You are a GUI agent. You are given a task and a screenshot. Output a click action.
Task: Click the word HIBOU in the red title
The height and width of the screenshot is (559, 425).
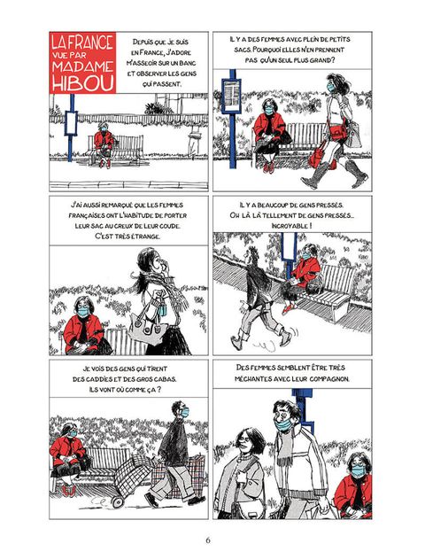83,82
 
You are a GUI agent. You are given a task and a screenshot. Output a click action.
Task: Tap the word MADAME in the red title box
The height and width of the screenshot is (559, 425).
82,66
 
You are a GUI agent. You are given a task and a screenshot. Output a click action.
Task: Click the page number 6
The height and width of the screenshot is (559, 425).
208,540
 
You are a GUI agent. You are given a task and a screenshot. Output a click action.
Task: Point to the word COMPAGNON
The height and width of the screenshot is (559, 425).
328,378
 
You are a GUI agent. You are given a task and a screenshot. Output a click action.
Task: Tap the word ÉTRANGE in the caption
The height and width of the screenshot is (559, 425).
145,237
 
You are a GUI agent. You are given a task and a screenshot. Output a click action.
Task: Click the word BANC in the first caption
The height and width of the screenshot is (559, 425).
188,63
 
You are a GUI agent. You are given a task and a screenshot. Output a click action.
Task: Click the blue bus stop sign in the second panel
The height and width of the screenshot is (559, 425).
231,95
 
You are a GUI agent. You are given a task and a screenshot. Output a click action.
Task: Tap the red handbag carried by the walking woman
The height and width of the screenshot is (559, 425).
318,158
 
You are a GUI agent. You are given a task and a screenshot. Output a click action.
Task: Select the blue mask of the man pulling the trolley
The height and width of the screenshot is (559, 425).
185,412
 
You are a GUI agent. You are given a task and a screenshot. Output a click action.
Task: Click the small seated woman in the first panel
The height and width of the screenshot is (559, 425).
104,144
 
